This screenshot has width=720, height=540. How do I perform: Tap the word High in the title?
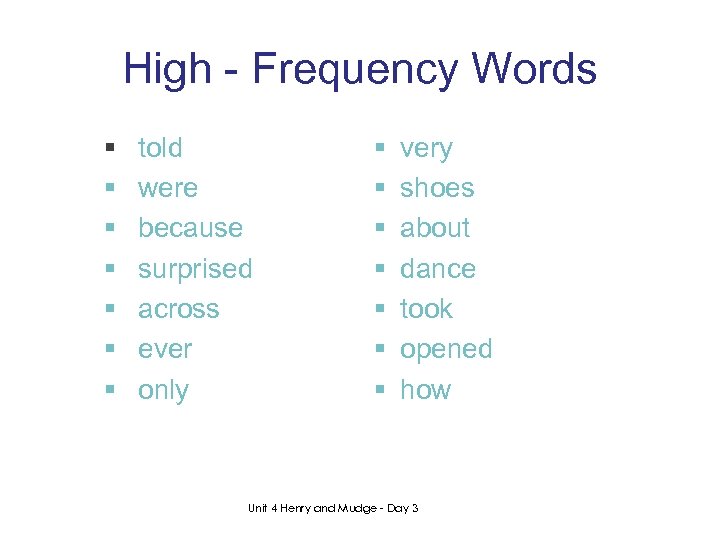tap(168, 70)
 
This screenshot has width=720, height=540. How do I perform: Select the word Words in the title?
tap(535, 70)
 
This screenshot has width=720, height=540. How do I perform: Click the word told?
tap(160, 148)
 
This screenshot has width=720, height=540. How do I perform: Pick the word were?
tap(168, 188)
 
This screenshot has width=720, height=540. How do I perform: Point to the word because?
tap(190, 228)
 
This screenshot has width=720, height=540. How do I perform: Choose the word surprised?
tap(195, 269)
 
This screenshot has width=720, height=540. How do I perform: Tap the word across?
tap(178, 309)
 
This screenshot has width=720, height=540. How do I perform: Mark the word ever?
tap(165, 349)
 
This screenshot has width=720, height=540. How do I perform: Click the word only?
tap(163, 390)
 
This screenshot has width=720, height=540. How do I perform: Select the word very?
tap(426, 149)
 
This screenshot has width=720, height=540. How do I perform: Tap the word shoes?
tap(437, 188)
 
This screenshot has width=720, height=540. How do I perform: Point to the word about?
tap(435, 228)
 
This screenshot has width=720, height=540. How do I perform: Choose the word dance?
tap(438, 269)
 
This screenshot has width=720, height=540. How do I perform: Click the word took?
tap(426, 309)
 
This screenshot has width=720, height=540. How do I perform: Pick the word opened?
tap(446, 350)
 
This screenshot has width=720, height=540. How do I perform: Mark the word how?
tap(425, 390)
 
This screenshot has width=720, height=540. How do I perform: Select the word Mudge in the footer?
tap(355, 509)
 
